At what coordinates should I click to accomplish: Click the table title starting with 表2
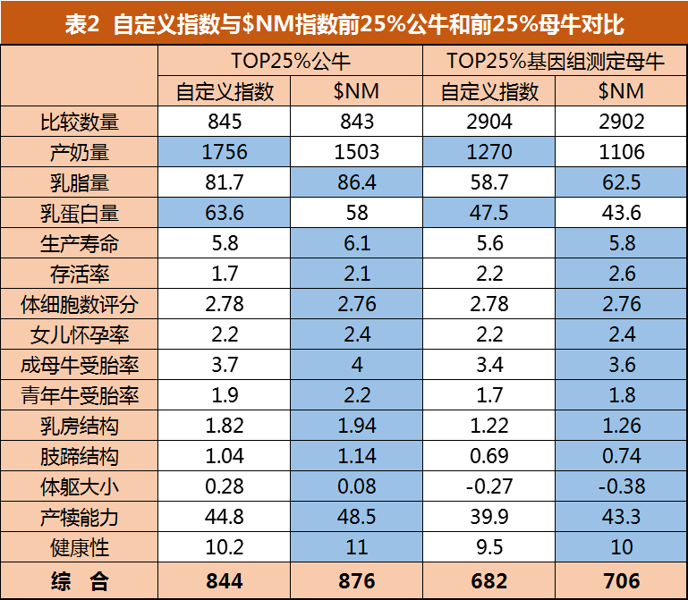tap(344, 24)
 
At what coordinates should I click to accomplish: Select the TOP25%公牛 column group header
tap(291, 61)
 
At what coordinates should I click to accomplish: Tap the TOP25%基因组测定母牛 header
tap(555, 61)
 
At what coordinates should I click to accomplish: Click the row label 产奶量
tap(80, 152)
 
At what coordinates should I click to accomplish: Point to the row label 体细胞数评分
tap(80, 304)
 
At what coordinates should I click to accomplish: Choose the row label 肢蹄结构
tap(80, 457)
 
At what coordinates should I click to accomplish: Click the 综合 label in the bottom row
tap(80, 581)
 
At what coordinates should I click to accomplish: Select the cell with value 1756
tap(225, 152)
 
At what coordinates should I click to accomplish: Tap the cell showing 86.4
tap(356, 182)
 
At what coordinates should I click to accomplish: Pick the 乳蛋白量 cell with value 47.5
tap(489, 213)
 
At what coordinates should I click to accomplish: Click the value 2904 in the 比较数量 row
tap(489, 122)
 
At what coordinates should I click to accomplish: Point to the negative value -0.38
tap(621, 487)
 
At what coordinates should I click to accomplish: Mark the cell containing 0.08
tap(356, 487)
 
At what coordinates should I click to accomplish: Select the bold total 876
tap(356, 581)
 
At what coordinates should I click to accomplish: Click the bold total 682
tap(489, 581)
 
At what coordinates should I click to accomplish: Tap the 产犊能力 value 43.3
tap(621, 518)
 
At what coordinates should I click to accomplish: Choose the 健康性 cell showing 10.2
tap(225, 548)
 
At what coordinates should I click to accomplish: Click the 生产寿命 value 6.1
tap(356, 243)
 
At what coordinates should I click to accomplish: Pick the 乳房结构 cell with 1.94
tap(356, 427)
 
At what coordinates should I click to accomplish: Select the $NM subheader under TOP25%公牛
tap(356, 91)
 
